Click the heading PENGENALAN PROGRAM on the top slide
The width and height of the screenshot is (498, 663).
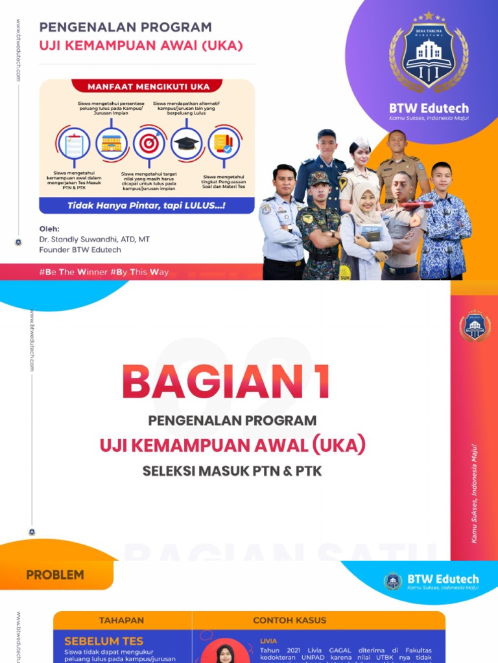pos(125,27)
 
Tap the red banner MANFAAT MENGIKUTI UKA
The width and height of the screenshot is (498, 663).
pos(146,85)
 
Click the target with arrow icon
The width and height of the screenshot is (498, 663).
pos(149,143)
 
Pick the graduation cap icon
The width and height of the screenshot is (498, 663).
pos(187,143)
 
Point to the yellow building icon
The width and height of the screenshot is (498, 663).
pos(112,143)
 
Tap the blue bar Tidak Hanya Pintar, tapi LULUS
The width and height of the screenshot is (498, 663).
pos(147,206)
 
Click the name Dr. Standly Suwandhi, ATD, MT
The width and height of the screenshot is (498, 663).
pos(94,239)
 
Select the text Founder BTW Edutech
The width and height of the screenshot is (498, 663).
pos(80,249)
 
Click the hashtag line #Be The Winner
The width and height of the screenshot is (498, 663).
pos(104,272)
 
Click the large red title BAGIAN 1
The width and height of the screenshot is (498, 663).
pos(226,382)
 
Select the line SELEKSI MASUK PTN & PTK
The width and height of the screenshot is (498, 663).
pos(232,471)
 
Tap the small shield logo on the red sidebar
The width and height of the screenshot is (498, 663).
pos(475,326)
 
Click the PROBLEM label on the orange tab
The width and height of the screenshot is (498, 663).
pos(55,574)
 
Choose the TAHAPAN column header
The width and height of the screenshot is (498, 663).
pos(121,620)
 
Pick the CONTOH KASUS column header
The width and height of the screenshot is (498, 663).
pos(289,620)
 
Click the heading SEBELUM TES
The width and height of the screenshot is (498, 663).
pos(104,641)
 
